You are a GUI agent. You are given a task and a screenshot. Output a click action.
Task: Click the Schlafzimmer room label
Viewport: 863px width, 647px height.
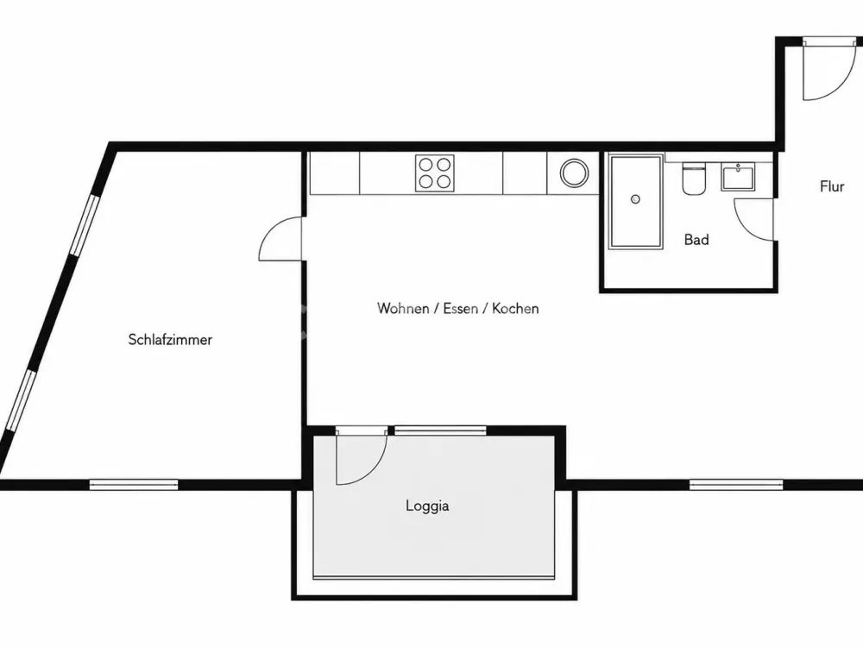(170, 339)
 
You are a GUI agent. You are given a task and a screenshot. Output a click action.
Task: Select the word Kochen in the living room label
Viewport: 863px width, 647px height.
(515, 308)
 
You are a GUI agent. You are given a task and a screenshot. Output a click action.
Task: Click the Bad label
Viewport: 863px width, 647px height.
(696, 239)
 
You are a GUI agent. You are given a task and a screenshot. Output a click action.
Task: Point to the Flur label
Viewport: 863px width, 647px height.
(832, 186)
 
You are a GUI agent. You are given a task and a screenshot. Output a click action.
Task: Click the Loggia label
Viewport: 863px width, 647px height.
(427, 506)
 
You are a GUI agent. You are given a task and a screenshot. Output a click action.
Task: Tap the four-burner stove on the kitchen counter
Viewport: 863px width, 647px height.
(435, 173)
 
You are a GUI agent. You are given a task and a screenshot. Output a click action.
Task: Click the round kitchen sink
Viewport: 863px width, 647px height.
(574, 173)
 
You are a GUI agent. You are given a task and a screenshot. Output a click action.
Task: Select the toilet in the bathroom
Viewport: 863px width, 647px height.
(694, 179)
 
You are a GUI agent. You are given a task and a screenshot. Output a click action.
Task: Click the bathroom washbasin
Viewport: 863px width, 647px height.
(738, 177)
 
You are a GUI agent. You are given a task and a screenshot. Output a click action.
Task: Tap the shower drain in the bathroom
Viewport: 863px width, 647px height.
(635, 199)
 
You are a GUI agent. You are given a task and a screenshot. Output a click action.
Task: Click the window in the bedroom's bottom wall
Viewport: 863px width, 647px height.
(134, 485)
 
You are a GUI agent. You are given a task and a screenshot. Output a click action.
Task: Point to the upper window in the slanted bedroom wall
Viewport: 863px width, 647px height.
(85, 224)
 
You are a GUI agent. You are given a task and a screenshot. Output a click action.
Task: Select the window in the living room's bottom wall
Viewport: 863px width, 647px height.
(736, 485)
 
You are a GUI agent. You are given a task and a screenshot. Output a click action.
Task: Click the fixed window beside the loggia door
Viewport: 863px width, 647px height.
(440, 430)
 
